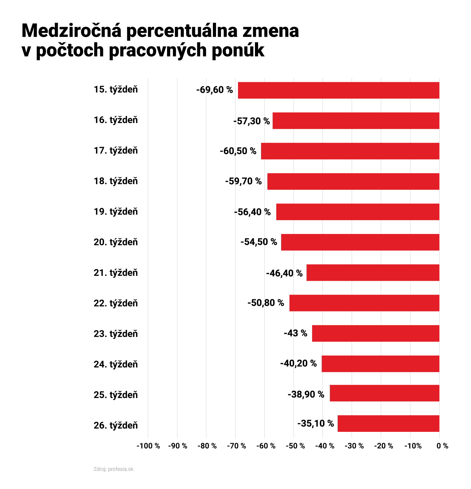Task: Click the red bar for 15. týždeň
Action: [x=338, y=90]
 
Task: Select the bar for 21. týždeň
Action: [x=373, y=273]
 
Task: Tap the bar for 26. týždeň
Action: [x=388, y=423]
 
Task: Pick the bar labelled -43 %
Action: [x=376, y=333]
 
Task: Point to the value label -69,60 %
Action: [x=214, y=90]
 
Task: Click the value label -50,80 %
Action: [x=266, y=303]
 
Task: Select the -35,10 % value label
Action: [x=316, y=424]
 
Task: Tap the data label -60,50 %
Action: [x=238, y=151]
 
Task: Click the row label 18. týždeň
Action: [x=116, y=181]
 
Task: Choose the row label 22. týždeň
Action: [x=116, y=303]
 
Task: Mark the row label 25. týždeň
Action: [x=116, y=395]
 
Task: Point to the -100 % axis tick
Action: [x=148, y=446]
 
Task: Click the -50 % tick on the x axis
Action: [x=295, y=446]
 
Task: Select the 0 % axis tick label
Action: [x=442, y=446]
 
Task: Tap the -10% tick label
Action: [x=413, y=446]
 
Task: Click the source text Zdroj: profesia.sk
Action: [x=113, y=469]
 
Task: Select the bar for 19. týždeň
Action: [x=358, y=212]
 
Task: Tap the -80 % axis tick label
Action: [x=207, y=446]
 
